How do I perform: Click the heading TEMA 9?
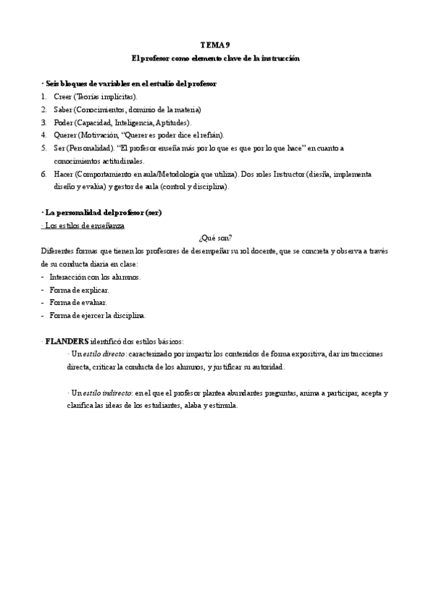coord(216,45)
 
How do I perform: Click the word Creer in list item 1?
coord(63,96)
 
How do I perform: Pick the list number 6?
coord(44,174)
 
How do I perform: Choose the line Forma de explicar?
coord(79,290)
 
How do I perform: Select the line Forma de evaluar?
coord(78,303)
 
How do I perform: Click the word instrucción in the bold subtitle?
coord(277,58)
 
